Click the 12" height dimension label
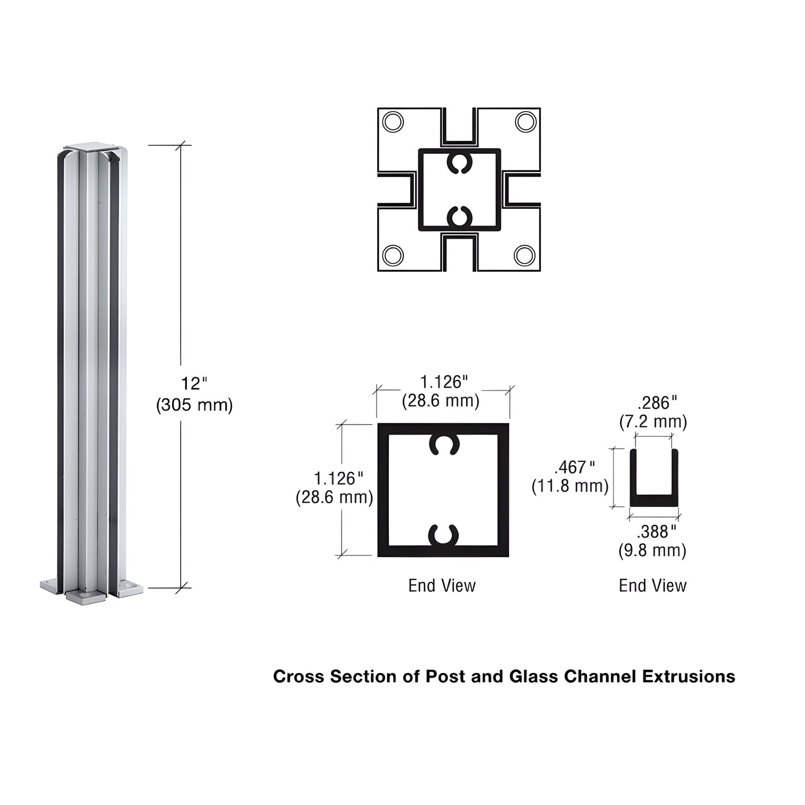(193, 383)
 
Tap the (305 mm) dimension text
(194, 405)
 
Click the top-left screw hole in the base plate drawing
(393, 122)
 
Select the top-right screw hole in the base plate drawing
(525, 122)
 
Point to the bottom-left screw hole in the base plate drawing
(393, 255)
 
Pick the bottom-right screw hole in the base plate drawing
(525, 255)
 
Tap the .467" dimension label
(575, 467)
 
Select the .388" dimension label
(656, 531)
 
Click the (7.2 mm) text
(653, 422)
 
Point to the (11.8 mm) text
(570, 486)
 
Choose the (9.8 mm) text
(652, 551)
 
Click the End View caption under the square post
(442, 586)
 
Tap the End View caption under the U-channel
(652, 586)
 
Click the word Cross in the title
(299, 676)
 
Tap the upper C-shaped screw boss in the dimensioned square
(443, 444)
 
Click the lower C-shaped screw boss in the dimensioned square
(443, 535)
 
